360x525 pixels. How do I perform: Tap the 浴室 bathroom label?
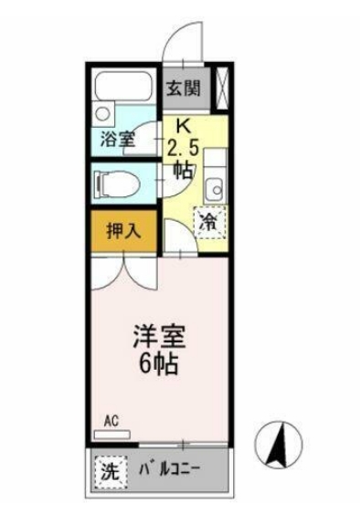(117, 140)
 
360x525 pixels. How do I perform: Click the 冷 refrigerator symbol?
(209, 220)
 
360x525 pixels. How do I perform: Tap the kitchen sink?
(215, 189)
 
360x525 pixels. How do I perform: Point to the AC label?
(111, 420)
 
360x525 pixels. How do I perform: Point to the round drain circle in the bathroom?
(103, 115)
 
